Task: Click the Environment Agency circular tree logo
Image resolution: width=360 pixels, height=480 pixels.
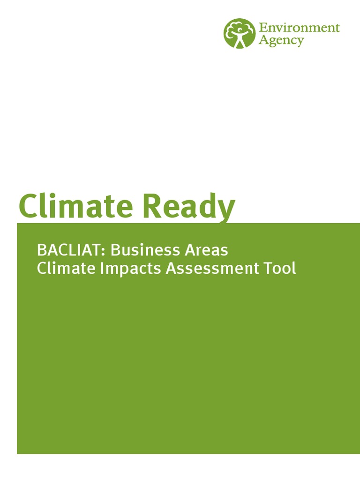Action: (240, 33)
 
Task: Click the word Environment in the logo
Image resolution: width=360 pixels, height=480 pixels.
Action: (299, 27)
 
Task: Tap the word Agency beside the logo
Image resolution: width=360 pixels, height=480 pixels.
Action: (281, 41)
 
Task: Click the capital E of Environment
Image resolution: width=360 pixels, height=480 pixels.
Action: (263, 27)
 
